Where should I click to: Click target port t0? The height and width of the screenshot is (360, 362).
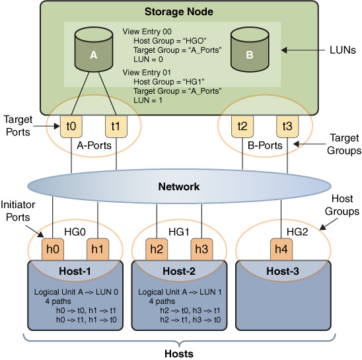click(x=71, y=126)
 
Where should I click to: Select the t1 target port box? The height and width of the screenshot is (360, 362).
click(x=116, y=126)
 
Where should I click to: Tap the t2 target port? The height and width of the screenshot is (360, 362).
click(x=242, y=126)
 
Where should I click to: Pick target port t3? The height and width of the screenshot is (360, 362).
click(x=287, y=126)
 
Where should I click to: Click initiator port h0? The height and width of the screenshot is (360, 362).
click(x=53, y=249)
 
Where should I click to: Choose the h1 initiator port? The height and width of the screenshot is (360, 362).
click(x=98, y=249)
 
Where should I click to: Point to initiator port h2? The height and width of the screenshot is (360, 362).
click(x=157, y=249)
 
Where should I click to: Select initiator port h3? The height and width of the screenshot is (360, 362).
click(x=201, y=249)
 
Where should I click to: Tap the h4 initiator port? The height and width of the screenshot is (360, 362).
click(x=281, y=249)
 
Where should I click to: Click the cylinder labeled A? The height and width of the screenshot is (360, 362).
click(x=94, y=50)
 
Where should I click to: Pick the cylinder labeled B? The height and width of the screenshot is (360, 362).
click(x=250, y=50)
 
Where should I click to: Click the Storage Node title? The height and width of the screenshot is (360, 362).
click(x=179, y=12)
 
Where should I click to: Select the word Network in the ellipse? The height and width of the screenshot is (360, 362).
click(x=179, y=186)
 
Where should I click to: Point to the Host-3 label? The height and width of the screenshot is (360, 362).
click(x=283, y=271)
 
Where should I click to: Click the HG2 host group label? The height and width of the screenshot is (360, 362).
click(x=297, y=232)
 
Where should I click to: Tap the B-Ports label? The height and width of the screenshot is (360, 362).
click(x=265, y=145)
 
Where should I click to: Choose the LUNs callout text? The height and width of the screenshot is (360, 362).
click(x=343, y=50)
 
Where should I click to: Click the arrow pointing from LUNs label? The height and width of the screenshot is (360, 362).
click(x=303, y=50)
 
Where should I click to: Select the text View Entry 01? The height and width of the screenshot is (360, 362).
click(x=147, y=73)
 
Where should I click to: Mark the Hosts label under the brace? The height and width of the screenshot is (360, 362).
click(x=179, y=354)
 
